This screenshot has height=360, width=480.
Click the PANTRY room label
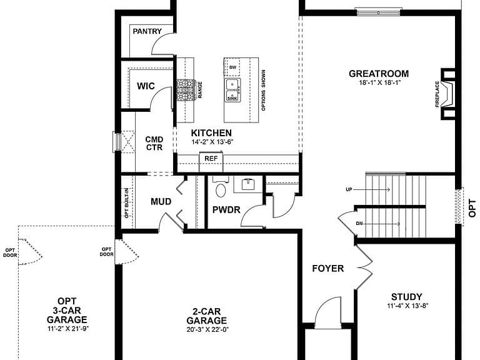tap(147, 31)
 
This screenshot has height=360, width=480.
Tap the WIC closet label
tap(146, 86)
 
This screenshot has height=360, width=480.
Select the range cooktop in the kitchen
tap(186, 90)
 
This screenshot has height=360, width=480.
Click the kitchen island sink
tap(232, 90)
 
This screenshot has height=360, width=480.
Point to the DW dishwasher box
tap(233, 67)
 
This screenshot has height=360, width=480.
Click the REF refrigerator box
tap(211, 159)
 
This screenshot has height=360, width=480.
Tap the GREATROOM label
tap(379, 74)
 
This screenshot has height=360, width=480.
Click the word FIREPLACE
tap(437, 94)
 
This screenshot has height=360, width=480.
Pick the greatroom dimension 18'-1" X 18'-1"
tap(380, 82)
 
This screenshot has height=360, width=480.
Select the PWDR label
tap(226, 210)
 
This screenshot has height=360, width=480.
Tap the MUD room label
tap(161, 202)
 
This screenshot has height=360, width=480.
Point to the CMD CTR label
tap(154, 144)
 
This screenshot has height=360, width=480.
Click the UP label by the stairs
tap(349, 190)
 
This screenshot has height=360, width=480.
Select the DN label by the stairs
tap(359, 224)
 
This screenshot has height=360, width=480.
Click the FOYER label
tap(328, 269)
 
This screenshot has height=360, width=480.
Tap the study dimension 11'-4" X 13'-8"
tap(407, 306)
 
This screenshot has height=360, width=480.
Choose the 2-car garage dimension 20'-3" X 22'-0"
tap(208, 330)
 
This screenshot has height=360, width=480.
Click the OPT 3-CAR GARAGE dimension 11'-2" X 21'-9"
tap(68, 329)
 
